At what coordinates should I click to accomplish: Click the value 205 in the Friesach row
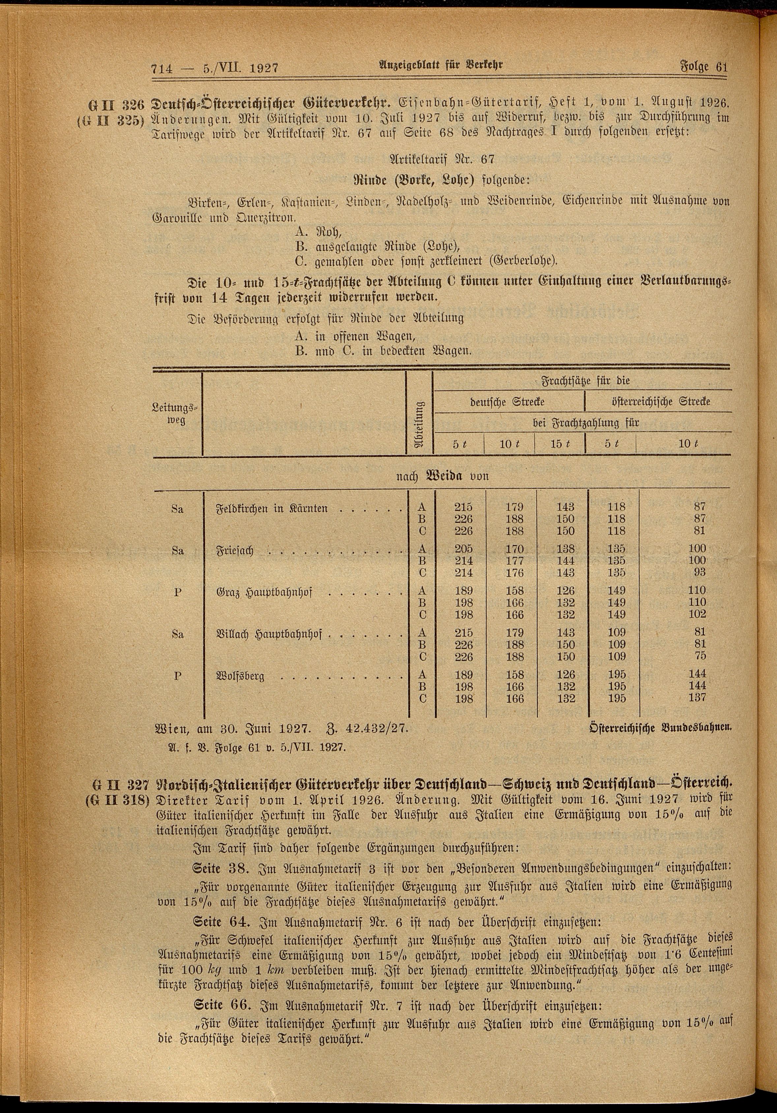click(x=463, y=549)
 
